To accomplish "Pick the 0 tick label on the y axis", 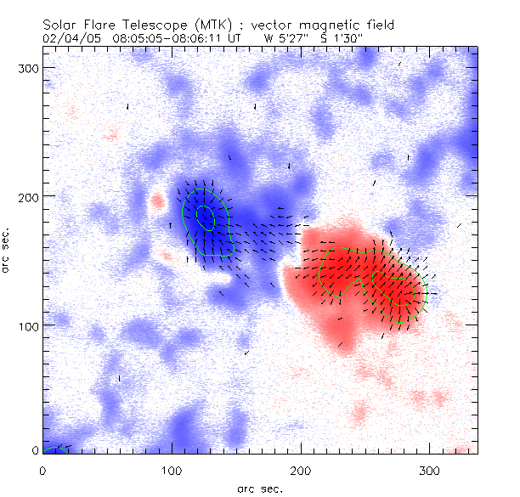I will [x=35, y=451].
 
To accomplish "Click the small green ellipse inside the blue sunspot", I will [x=205, y=217].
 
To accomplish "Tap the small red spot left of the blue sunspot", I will [x=156, y=202].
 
